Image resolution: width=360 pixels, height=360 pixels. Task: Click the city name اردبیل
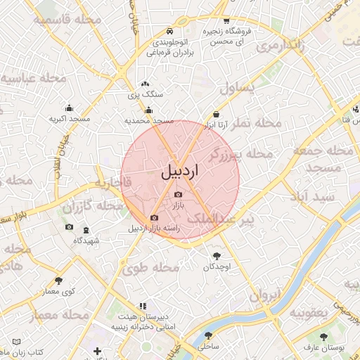click(181, 171)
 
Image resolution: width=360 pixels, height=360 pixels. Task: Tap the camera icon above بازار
click(178, 194)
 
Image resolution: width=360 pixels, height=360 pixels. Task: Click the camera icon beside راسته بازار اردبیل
click(155, 218)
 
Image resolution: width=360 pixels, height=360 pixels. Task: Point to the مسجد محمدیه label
click(148, 120)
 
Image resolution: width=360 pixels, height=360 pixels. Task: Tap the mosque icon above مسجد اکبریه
click(69, 108)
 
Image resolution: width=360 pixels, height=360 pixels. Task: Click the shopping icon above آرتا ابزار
click(216, 115)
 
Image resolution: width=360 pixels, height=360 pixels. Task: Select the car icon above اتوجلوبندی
click(169, 32)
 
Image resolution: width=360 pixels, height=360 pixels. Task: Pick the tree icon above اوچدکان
click(216, 256)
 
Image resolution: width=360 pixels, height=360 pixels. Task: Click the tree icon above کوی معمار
click(58, 281)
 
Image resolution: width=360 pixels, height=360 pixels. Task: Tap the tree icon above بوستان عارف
click(323, 337)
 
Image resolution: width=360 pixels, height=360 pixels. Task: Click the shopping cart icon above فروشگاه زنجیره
click(226, 21)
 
